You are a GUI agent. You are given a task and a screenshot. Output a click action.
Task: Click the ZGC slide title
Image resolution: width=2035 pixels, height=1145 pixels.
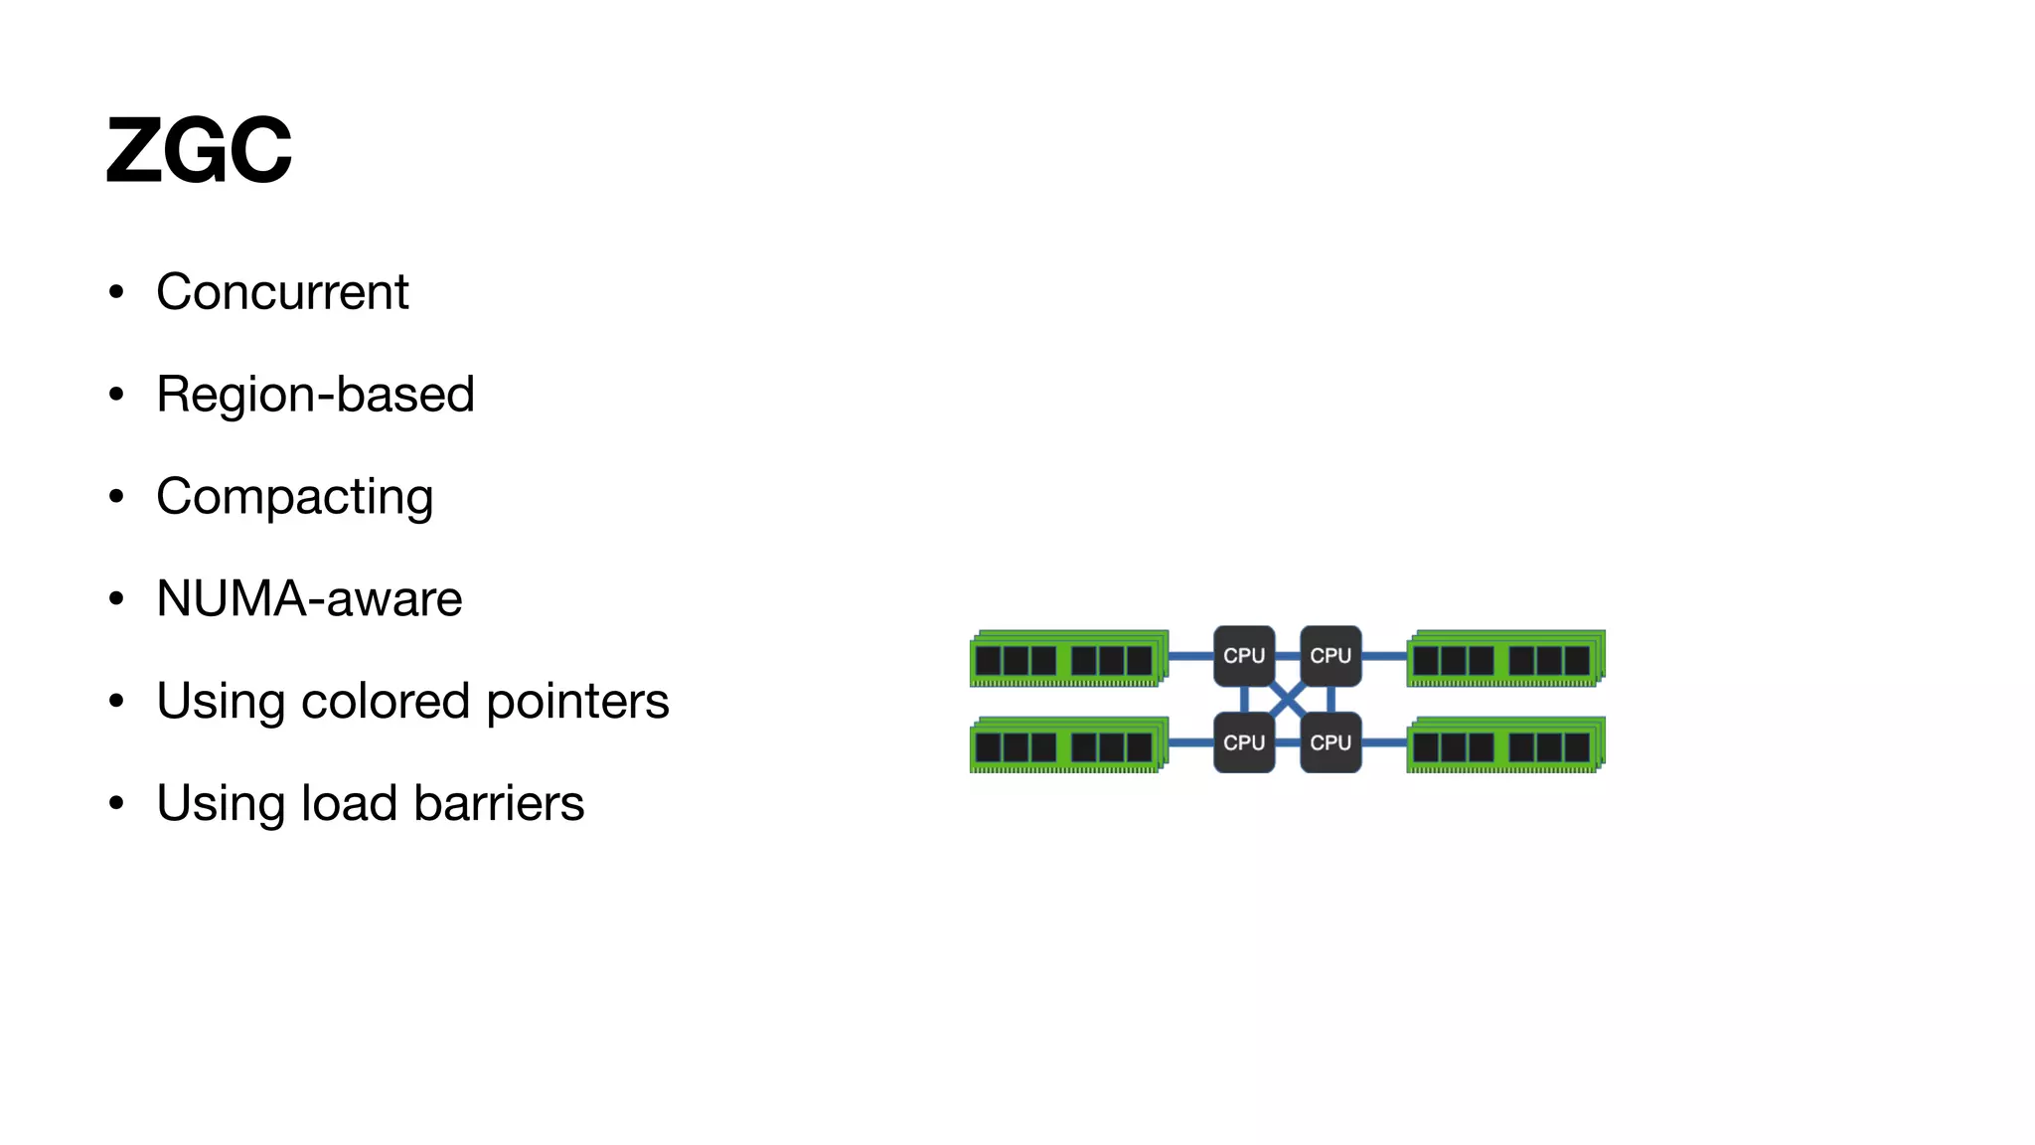[x=199, y=150]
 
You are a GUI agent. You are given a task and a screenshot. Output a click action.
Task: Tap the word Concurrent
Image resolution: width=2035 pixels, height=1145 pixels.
[x=282, y=292]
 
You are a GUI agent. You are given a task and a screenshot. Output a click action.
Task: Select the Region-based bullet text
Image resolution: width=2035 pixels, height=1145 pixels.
[x=315, y=395]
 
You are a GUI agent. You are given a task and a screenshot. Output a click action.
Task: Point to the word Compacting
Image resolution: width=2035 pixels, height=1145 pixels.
[x=294, y=497]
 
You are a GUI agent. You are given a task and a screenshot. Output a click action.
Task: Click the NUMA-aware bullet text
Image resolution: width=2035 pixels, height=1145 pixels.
[x=309, y=599]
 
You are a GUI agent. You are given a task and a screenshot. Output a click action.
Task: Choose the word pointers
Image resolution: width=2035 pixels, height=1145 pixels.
[x=577, y=701]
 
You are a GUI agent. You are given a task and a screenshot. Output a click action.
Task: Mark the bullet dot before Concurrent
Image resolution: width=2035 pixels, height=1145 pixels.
[x=117, y=292]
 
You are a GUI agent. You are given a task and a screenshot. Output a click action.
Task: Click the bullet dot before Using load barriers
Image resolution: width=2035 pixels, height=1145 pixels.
[x=117, y=803]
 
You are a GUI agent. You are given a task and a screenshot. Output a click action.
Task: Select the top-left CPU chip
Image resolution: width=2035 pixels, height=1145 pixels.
[x=1243, y=656]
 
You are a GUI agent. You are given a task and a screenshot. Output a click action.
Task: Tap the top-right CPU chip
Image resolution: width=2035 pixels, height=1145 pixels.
[x=1331, y=656]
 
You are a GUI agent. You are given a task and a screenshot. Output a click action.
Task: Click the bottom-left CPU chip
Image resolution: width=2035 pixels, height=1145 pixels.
[x=1243, y=742]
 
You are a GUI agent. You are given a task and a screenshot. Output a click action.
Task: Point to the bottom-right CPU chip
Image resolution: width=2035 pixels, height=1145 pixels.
[x=1331, y=742]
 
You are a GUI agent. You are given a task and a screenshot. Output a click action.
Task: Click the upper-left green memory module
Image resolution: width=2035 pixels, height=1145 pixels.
[x=1068, y=658]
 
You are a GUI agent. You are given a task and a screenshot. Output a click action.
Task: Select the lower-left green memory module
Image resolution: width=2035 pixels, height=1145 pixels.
[x=1068, y=744]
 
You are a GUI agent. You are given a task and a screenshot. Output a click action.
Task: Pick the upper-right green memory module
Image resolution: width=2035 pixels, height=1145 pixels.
[x=1505, y=658]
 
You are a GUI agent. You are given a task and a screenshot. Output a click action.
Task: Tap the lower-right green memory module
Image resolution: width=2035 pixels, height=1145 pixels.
[x=1505, y=744]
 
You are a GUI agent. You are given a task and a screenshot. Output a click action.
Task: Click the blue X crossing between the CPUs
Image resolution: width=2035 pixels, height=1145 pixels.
[x=1287, y=700]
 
